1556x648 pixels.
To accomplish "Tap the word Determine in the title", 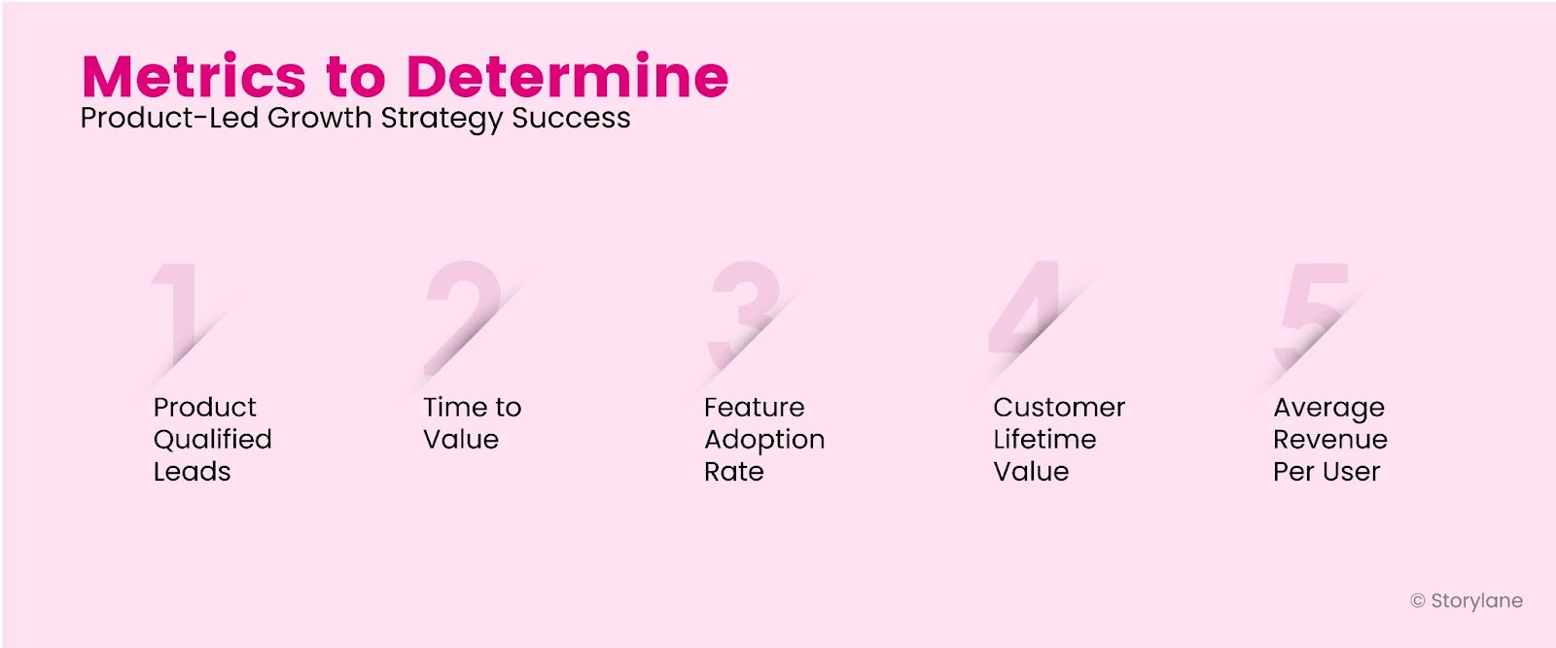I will click(x=567, y=77).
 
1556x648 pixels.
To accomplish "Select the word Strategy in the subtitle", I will click(x=442, y=119).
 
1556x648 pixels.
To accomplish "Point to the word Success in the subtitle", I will click(x=571, y=118).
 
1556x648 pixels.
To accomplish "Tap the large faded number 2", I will click(x=463, y=311).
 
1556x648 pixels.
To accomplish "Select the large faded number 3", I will click(x=745, y=311).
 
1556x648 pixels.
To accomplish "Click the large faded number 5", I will click(x=1314, y=311).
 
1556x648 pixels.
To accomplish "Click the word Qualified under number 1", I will click(x=212, y=440).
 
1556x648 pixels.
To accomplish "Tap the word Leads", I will click(x=192, y=472).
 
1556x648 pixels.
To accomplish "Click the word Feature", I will click(x=754, y=407).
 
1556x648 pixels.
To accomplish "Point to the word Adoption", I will click(x=764, y=440).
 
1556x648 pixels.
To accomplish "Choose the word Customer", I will click(x=1059, y=407).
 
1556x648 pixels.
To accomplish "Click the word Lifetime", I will click(x=1044, y=439).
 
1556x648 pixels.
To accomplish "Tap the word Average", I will click(x=1328, y=408).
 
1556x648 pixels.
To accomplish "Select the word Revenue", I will click(x=1329, y=439).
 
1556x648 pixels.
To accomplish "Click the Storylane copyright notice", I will click(x=1467, y=601).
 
